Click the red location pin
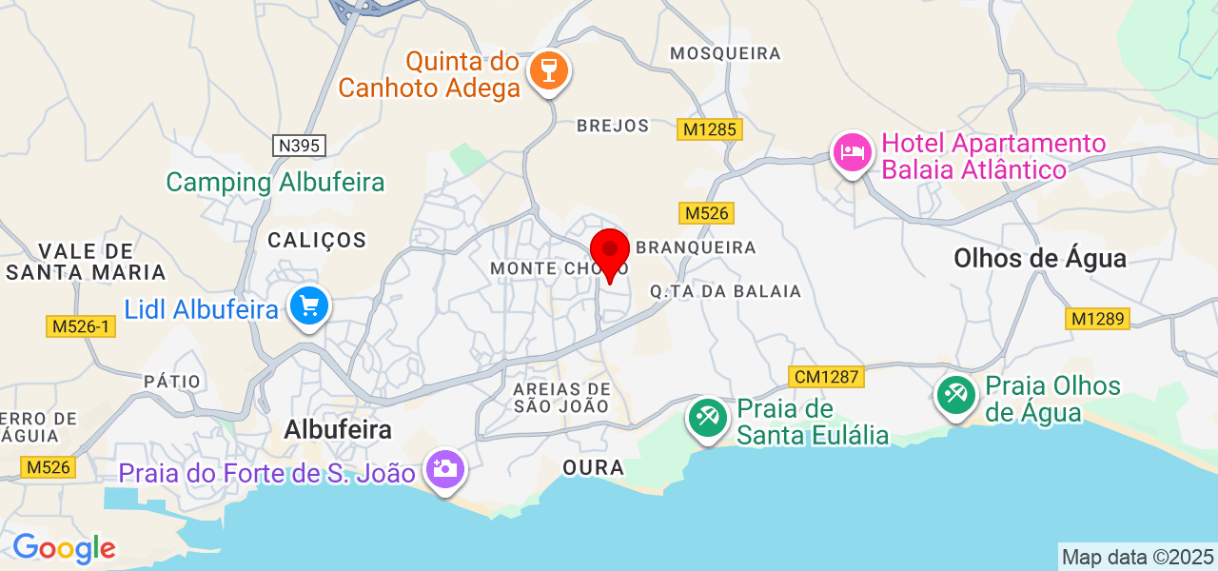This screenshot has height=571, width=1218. coord(610,252)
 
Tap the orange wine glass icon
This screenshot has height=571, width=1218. coord(548,70)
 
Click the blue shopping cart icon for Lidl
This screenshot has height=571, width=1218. coord(309,306)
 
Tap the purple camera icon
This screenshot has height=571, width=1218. coord(443,468)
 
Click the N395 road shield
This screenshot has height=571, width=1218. coord(300,146)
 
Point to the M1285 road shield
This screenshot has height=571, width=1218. coord(709,128)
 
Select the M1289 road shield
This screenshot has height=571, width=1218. coord(1097,319)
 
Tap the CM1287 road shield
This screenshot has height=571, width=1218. coord(827,377)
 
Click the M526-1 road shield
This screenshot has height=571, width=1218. coord(81,326)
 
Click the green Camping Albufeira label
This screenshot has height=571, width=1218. coord(275,182)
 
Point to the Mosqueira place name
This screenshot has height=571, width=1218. coord(725,53)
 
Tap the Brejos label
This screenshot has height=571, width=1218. coord(613,126)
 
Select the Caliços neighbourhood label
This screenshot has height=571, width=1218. coord(317,240)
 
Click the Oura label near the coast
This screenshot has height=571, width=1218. coord(593,468)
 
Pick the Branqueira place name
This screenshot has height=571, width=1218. coord(696,247)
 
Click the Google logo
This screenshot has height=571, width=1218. coord(64,548)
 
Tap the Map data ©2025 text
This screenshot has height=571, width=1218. coord(1137,557)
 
